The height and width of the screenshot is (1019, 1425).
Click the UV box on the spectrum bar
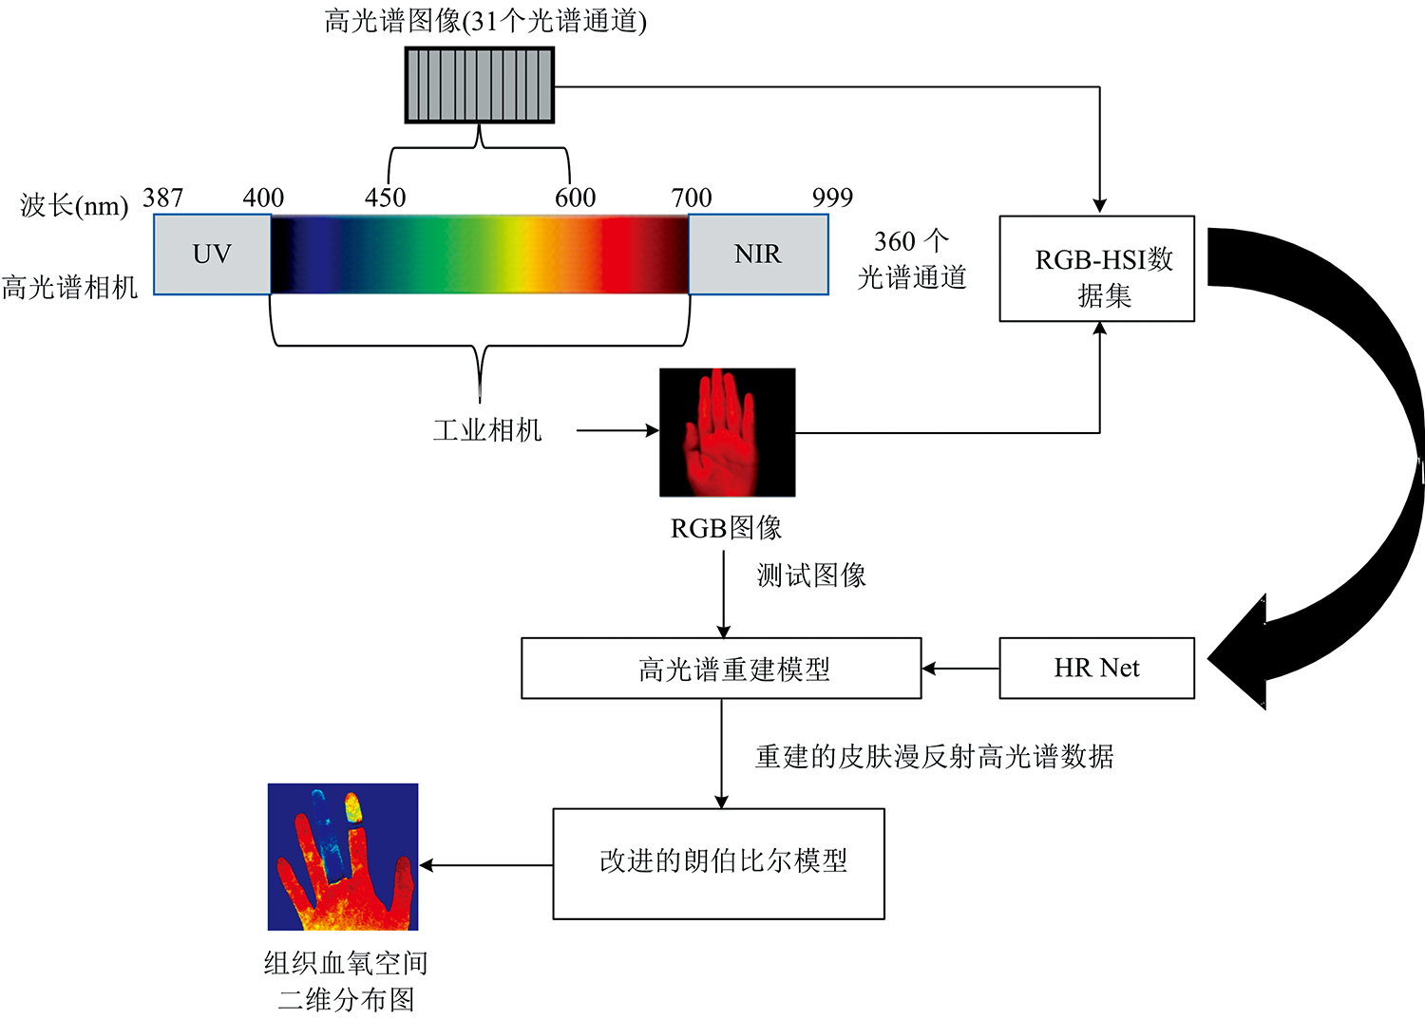[x=212, y=255]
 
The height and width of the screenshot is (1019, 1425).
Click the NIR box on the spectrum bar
[x=757, y=255]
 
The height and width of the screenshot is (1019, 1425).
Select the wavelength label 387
[x=162, y=198]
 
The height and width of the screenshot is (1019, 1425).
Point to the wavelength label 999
[x=832, y=198]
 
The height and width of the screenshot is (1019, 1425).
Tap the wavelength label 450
[x=385, y=198]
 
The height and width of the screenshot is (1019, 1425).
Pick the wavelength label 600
[x=576, y=198]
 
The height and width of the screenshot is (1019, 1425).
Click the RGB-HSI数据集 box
[x=1096, y=269]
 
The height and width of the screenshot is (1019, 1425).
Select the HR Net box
[x=1096, y=669]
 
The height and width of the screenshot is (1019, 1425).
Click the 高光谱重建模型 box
[x=721, y=669]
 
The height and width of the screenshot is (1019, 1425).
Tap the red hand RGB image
[x=727, y=432]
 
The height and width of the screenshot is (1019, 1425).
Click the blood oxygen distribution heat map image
[x=343, y=857]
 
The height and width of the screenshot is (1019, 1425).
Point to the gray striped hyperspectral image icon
[x=480, y=85]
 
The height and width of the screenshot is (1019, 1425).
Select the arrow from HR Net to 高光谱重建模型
[x=959, y=669]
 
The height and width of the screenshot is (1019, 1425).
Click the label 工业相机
[x=487, y=430]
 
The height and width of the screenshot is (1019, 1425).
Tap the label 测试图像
[x=811, y=576]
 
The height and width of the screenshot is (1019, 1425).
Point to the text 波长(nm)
[x=74, y=206]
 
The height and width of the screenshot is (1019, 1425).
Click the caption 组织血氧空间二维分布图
[x=346, y=981]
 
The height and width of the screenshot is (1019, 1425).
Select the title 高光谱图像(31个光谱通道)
[x=485, y=21]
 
